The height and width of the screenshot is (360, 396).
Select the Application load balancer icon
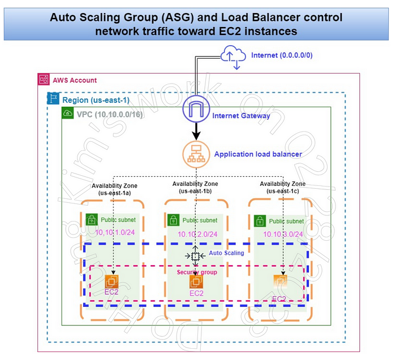(x=195, y=154)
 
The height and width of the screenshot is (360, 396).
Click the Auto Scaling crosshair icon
(x=195, y=256)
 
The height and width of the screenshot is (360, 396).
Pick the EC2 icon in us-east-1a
(x=111, y=281)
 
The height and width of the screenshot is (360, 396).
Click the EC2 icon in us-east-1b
(x=196, y=281)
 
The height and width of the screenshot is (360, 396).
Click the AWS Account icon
(x=44, y=80)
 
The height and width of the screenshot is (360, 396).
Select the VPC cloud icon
(x=68, y=113)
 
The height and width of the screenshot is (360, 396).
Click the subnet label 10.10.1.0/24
(x=115, y=232)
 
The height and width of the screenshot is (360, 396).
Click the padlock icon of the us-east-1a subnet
(x=91, y=220)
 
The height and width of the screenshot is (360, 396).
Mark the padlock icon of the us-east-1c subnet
(x=260, y=220)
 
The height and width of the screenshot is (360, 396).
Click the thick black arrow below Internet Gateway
(x=196, y=132)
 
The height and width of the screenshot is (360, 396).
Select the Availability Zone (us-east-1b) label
(x=195, y=187)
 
